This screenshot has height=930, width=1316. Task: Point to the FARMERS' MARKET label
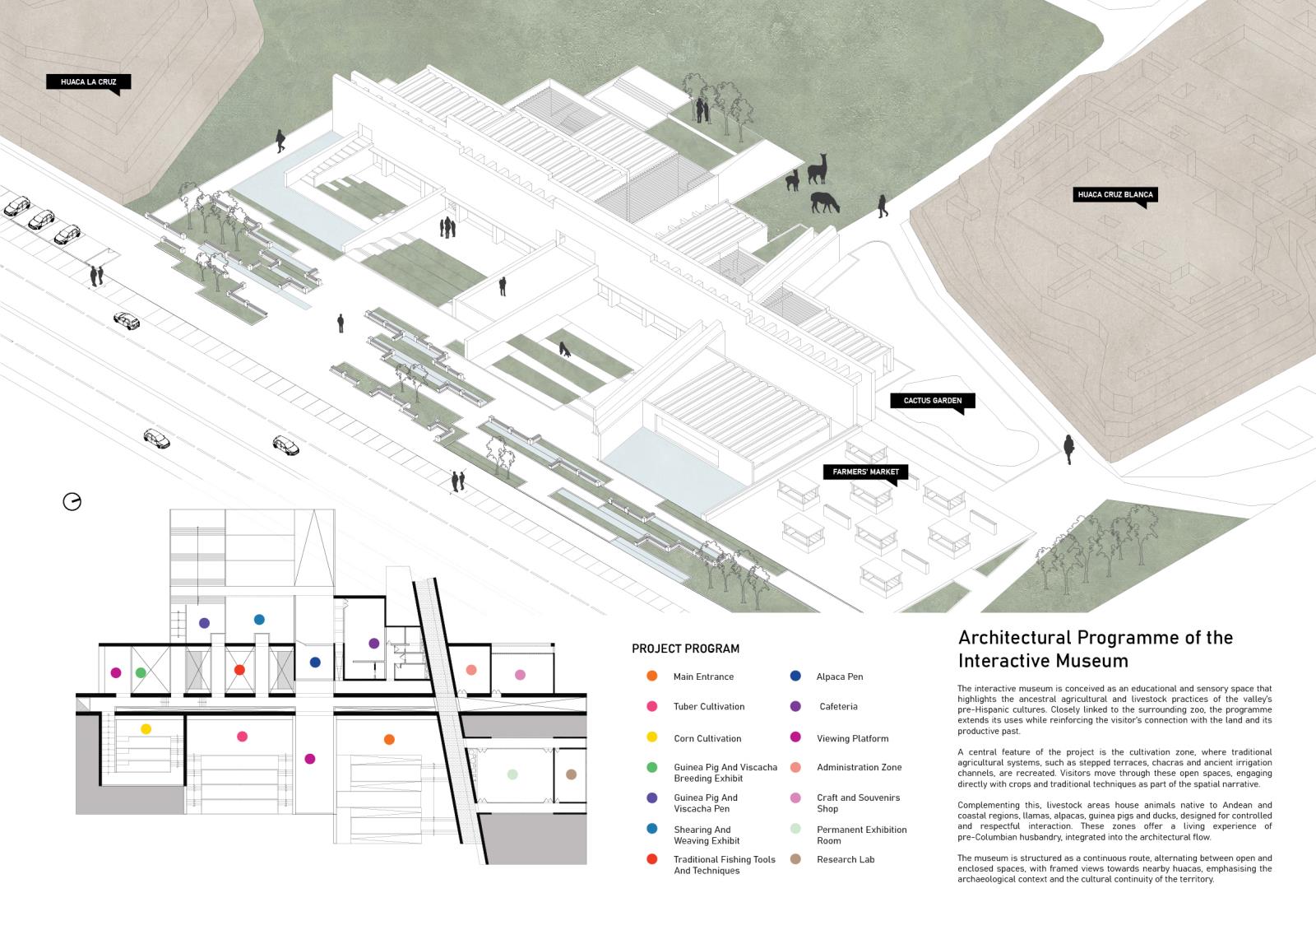pos(865,472)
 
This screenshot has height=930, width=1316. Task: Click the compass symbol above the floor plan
pos(72,501)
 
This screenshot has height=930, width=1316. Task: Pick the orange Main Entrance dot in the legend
pos(651,677)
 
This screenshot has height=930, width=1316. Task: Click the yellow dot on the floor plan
pos(146,728)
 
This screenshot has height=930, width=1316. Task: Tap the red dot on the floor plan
pos(239,670)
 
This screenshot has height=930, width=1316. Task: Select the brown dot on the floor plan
pos(571,774)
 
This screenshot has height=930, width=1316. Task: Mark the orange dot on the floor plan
pos(389,739)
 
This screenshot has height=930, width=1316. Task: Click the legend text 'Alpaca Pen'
pos(839,677)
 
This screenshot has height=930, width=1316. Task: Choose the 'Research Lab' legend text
pos(846,859)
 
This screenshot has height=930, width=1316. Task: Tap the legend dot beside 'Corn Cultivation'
pos(651,737)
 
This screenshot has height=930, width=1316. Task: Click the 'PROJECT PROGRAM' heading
pos(685,649)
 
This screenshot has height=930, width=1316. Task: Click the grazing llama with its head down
pos(824,202)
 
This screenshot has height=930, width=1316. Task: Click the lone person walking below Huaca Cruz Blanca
pos(1068,449)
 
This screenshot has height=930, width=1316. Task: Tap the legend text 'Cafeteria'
pos(838,706)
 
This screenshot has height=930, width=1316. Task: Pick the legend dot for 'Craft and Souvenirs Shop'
pos(795,797)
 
